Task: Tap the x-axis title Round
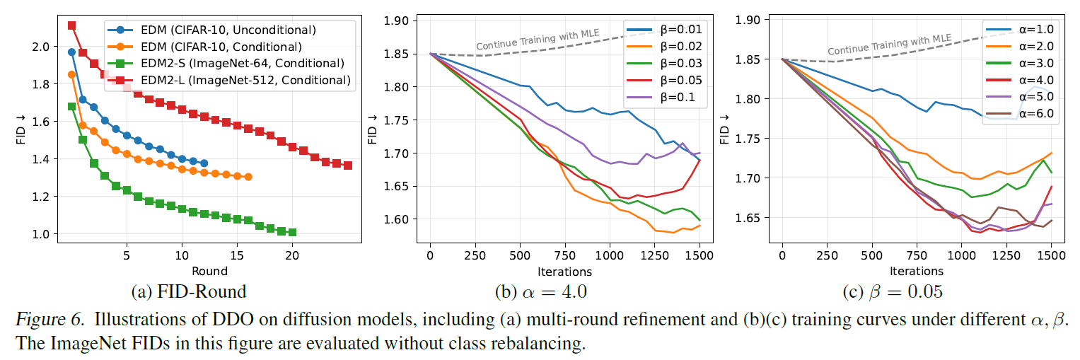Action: click(209, 271)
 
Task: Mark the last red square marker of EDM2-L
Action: click(347, 166)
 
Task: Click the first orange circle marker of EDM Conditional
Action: click(71, 74)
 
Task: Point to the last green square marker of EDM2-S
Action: click(292, 232)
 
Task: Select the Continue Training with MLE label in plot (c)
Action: click(889, 44)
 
